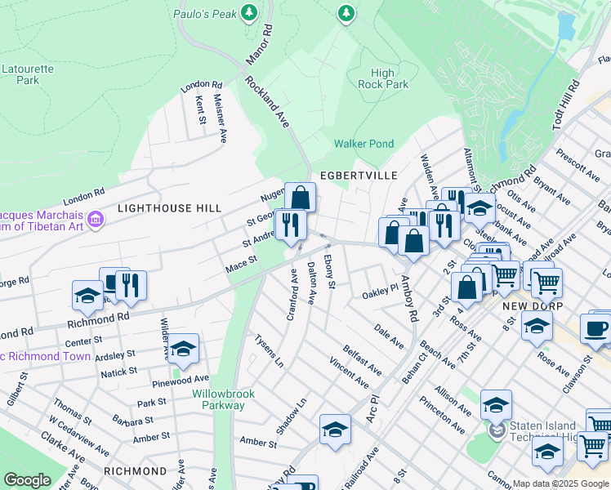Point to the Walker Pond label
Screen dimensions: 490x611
tap(363, 144)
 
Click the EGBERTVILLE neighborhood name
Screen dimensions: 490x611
tap(358, 176)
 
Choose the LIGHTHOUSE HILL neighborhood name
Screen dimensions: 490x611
tap(169, 208)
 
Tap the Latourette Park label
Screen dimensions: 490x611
tap(28, 74)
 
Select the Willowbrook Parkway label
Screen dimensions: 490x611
tap(223, 399)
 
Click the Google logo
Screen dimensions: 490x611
tap(27, 480)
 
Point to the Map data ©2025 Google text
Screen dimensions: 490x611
tap(560, 483)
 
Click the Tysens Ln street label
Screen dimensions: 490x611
tap(269, 350)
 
